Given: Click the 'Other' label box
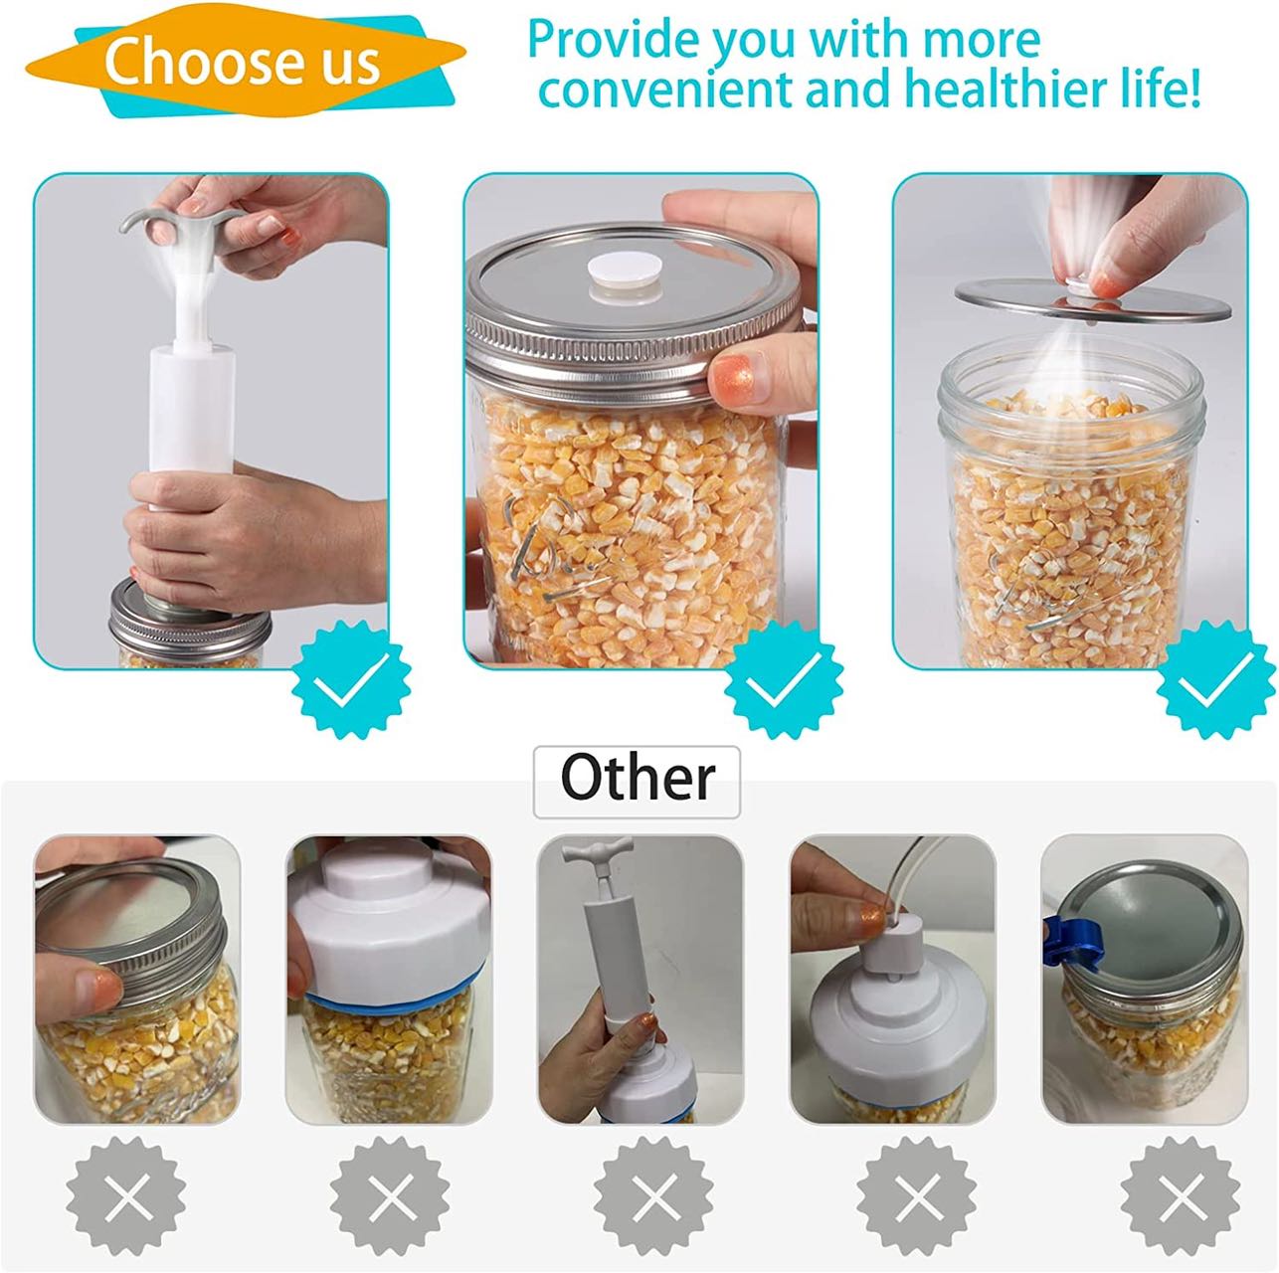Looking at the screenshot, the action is pyautogui.click(x=637, y=782).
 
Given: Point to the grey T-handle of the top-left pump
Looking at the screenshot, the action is pyautogui.click(x=179, y=224).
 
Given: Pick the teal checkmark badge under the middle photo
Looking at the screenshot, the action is pyautogui.click(x=783, y=679).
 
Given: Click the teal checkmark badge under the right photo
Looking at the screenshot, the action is pyautogui.click(x=1216, y=679).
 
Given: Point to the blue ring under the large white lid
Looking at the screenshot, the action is pyautogui.click(x=392, y=1004).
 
